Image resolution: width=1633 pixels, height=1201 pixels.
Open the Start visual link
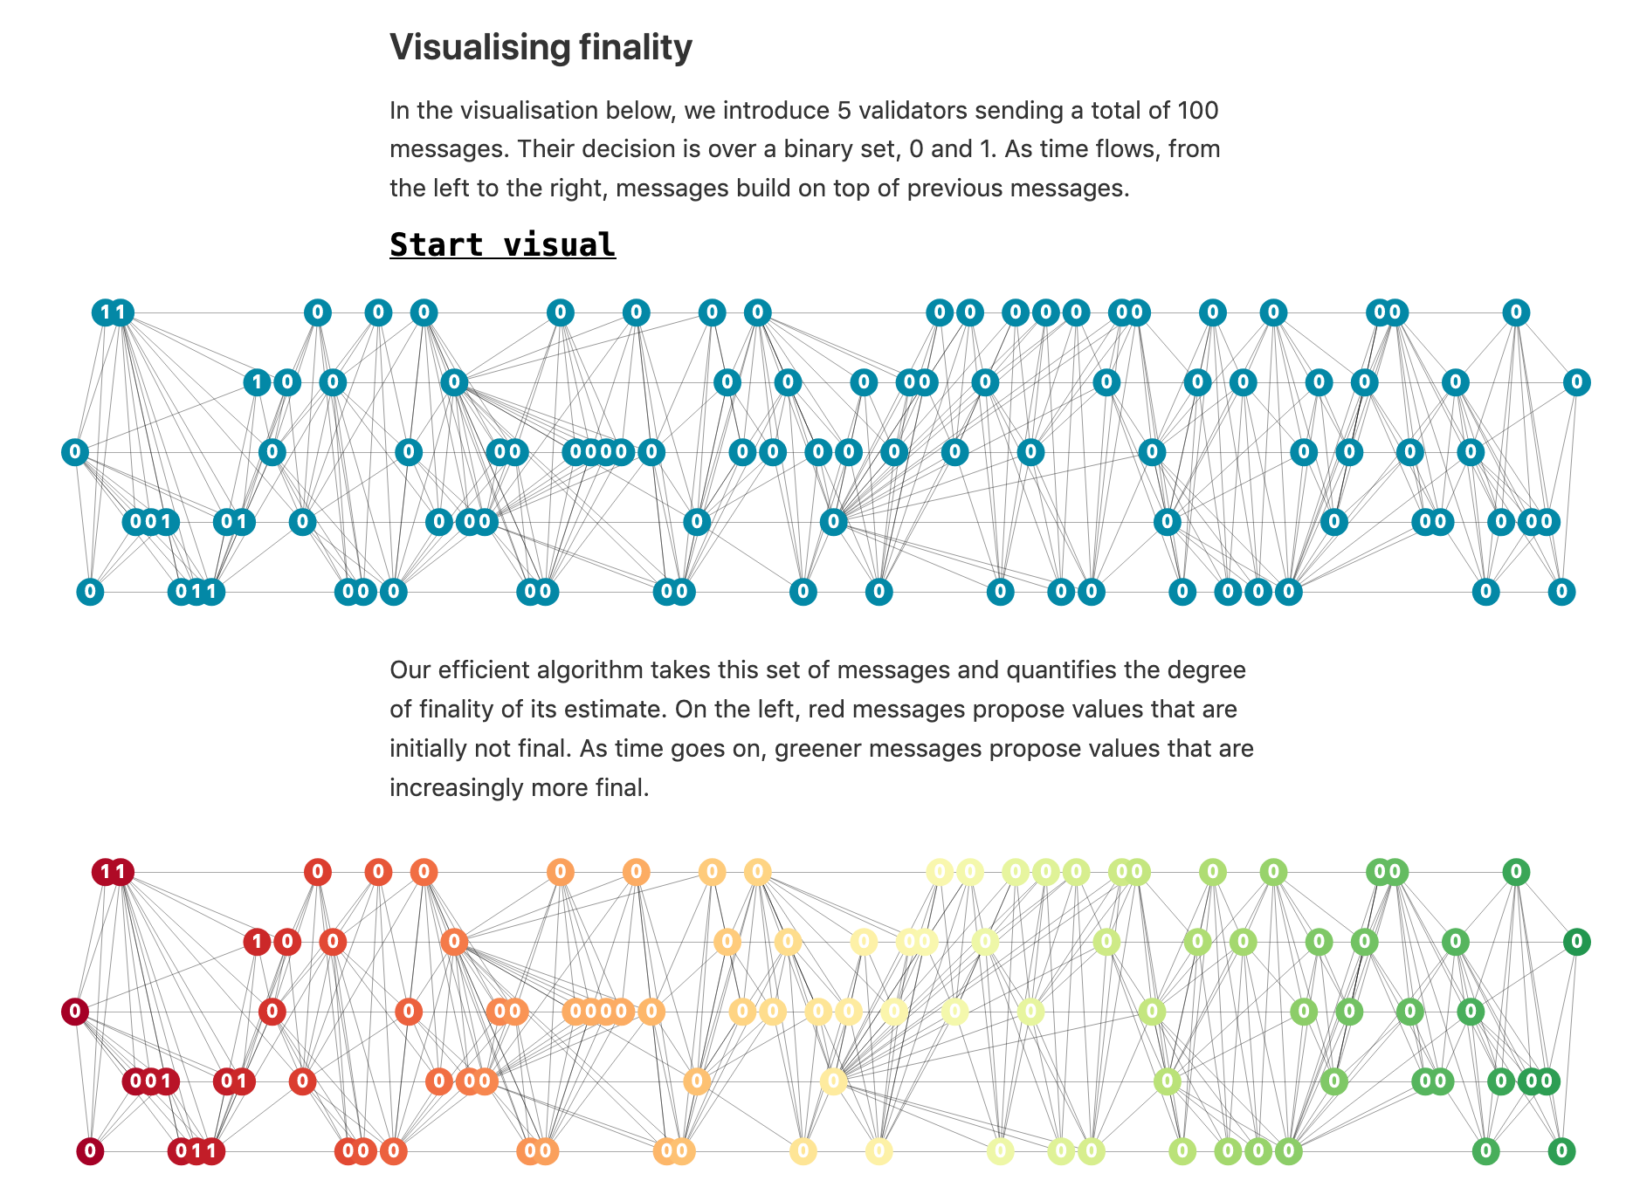coord(502,245)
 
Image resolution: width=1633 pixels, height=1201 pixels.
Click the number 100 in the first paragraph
coord(1197,111)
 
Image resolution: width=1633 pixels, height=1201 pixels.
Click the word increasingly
coord(458,788)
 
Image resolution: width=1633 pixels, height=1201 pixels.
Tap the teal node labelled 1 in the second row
coord(256,382)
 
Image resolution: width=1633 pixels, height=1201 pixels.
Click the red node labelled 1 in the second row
coord(256,942)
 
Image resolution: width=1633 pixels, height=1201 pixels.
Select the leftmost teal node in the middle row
coord(75,452)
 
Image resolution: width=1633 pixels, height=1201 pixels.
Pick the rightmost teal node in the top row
coord(1516,312)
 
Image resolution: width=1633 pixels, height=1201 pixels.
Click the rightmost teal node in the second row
coord(1576,382)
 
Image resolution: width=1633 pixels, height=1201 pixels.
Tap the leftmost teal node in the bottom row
coord(90,592)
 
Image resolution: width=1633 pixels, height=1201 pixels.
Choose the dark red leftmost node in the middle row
coord(75,1012)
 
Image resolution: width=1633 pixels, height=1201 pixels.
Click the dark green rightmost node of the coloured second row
coord(1576,942)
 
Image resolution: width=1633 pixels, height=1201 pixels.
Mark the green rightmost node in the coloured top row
coord(1516,872)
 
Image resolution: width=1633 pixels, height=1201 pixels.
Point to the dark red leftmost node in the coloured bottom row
coord(90,1151)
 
